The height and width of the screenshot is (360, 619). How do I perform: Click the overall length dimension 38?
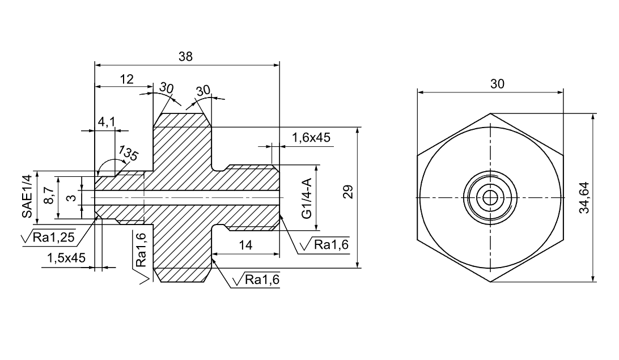point(185,57)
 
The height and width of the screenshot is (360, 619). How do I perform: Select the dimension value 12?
point(127,79)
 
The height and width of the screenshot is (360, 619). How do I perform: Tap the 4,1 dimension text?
point(106,122)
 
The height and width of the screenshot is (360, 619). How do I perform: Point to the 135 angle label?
point(129,153)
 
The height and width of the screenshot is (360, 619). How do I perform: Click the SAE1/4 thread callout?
point(27,196)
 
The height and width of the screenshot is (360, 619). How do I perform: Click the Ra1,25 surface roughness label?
point(53,237)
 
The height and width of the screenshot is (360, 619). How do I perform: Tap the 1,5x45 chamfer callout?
point(66,258)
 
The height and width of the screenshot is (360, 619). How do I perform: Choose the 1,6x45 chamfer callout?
point(311,137)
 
